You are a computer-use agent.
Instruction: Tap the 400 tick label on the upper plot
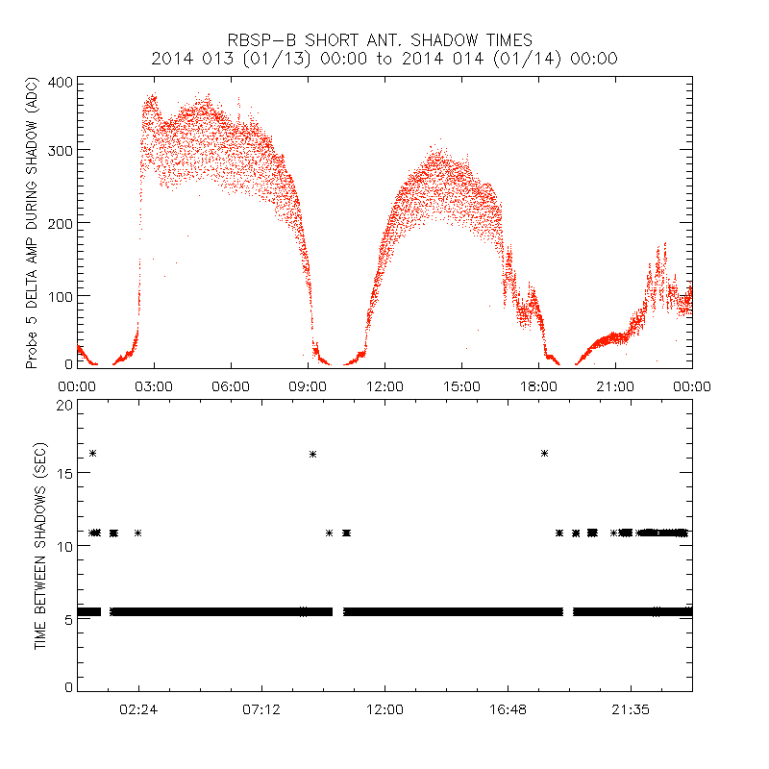[x=61, y=82]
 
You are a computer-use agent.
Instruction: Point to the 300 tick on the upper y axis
[x=61, y=150]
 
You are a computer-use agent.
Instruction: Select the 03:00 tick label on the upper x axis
[x=154, y=385]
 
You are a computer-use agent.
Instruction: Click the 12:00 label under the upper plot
[x=384, y=385]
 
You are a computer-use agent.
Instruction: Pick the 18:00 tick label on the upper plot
[x=538, y=385]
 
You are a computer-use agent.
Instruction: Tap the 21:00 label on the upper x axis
[x=615, y=385]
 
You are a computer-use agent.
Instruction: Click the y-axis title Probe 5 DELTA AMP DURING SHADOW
[x=33, y=223]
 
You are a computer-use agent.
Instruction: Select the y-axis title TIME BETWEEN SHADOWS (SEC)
[x=40, y=545]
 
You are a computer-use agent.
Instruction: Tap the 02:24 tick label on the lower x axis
[x=138, y=708]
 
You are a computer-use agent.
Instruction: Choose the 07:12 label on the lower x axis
[x=261, y=708]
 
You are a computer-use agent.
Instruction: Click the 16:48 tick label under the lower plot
[x=508, y=708]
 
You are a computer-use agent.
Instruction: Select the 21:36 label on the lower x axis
[x=631, y=708]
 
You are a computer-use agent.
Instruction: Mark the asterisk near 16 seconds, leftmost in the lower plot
[x=93, y=453]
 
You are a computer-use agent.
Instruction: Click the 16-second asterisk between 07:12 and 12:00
[x=312, y=453]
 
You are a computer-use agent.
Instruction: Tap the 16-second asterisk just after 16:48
[x=544, y=453]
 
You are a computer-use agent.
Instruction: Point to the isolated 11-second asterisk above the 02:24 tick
[x=138, y=533]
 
